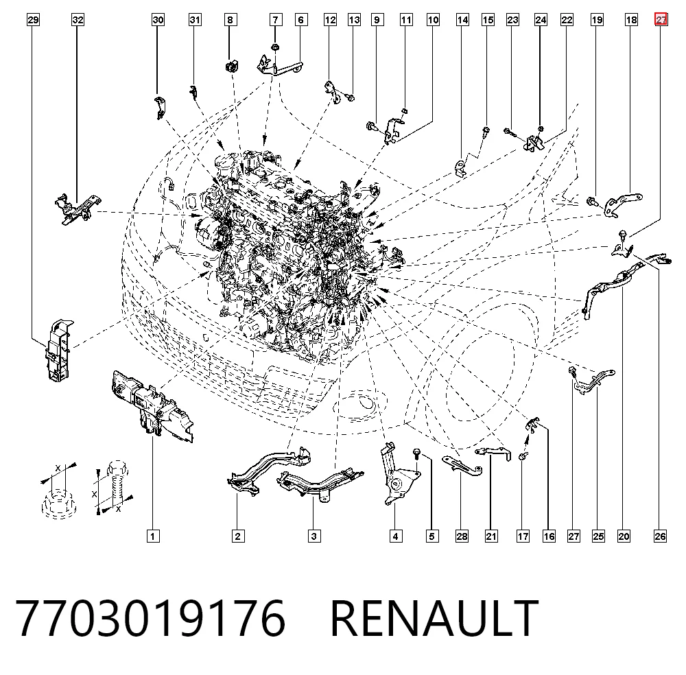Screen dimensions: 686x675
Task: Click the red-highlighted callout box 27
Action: point(661,20)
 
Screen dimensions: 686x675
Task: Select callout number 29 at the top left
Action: point(33,20)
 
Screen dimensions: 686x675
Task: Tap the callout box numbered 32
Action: point(78,20)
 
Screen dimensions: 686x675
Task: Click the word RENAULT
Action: point(434,618)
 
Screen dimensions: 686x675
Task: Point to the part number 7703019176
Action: point(150,618)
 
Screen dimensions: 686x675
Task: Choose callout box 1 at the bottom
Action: point(153,536)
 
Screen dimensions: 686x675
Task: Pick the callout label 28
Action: point(462,536)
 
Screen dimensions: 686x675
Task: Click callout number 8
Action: point(230,20)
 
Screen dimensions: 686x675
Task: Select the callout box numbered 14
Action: point(462,20)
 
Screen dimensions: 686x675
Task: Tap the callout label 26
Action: point(660,536)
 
